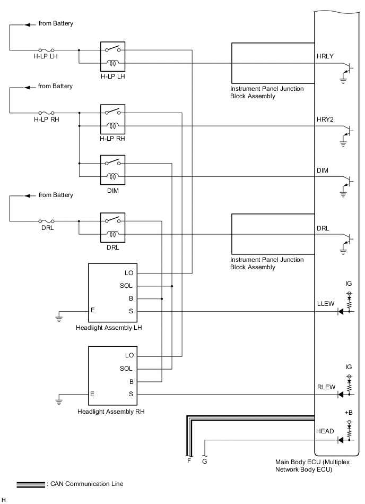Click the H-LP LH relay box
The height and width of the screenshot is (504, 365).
(112, 56)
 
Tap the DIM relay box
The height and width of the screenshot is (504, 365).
(112, 169)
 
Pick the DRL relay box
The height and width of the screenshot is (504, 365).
(112, 227)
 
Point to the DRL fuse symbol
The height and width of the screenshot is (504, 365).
(46, 220)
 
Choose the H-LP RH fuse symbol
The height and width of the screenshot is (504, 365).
(46, 113)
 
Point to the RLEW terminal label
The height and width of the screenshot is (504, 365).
(326, 387)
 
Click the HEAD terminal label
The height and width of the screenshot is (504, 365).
(325, 431)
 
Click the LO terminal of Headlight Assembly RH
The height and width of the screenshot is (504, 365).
(129, 355)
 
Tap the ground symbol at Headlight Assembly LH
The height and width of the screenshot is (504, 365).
(58, 319)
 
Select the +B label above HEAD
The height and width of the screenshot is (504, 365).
(349, 412)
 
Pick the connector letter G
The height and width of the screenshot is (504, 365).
(205, 462)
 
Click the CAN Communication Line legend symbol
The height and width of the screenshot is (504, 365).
(31, 484)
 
